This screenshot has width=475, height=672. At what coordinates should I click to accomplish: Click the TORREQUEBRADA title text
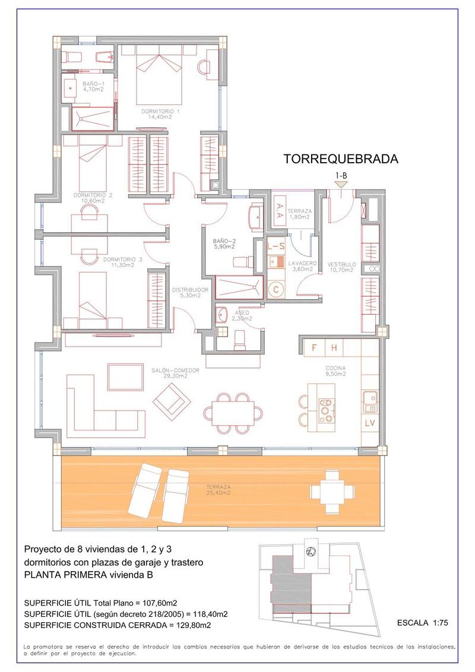(x=340, y=159)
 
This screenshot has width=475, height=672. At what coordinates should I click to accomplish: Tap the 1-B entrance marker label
(x=341, y=176)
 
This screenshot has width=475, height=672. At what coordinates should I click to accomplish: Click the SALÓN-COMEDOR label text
(x=175, y=372)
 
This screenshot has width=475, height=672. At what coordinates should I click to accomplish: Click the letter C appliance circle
(x=276, y=290)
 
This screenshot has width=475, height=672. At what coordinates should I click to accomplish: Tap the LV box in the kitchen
(x=370, y=423)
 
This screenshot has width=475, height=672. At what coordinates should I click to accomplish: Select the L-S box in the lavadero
(x=276, y=245)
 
